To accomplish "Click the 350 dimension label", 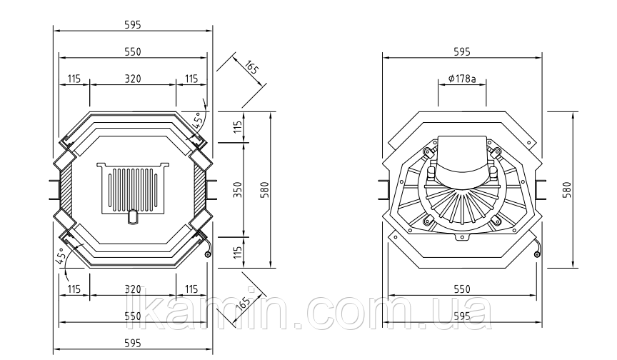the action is pyautogui.click(x=239, y=190).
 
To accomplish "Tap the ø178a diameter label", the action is pyautogui.click(x=462, y=79).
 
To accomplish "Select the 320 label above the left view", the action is pyautogui.click(x=133, y=79).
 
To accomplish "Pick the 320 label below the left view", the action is pyautogui.click(x=133, y=289).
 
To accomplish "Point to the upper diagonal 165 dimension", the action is pyautogui.click(x=251, y=67).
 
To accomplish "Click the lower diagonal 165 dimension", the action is pyautogui.click(x=245, y=301).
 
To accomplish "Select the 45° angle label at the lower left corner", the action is pyautogui.click(x=60, y=256).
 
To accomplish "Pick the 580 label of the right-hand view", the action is pyautogui.click(x=567, y=190).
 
